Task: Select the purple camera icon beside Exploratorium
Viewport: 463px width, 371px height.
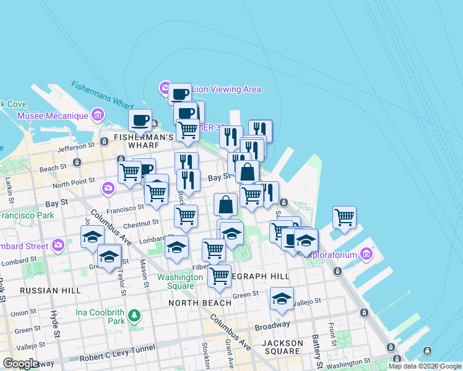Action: pyautogui.click(x=366, y=254)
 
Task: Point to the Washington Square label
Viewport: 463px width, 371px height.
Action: pyautogui.click(x=180, y=281)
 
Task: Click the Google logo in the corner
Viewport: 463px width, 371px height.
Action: pyautogui.click(x=21, y=363)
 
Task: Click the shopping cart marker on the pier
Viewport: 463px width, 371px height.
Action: pyautogui.click(x=344, y=217)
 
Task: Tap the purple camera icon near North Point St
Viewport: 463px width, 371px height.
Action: pyautogui.click(x=109, y=187)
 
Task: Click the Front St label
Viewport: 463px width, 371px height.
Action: pyautogui.click(x=332, y=331)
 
